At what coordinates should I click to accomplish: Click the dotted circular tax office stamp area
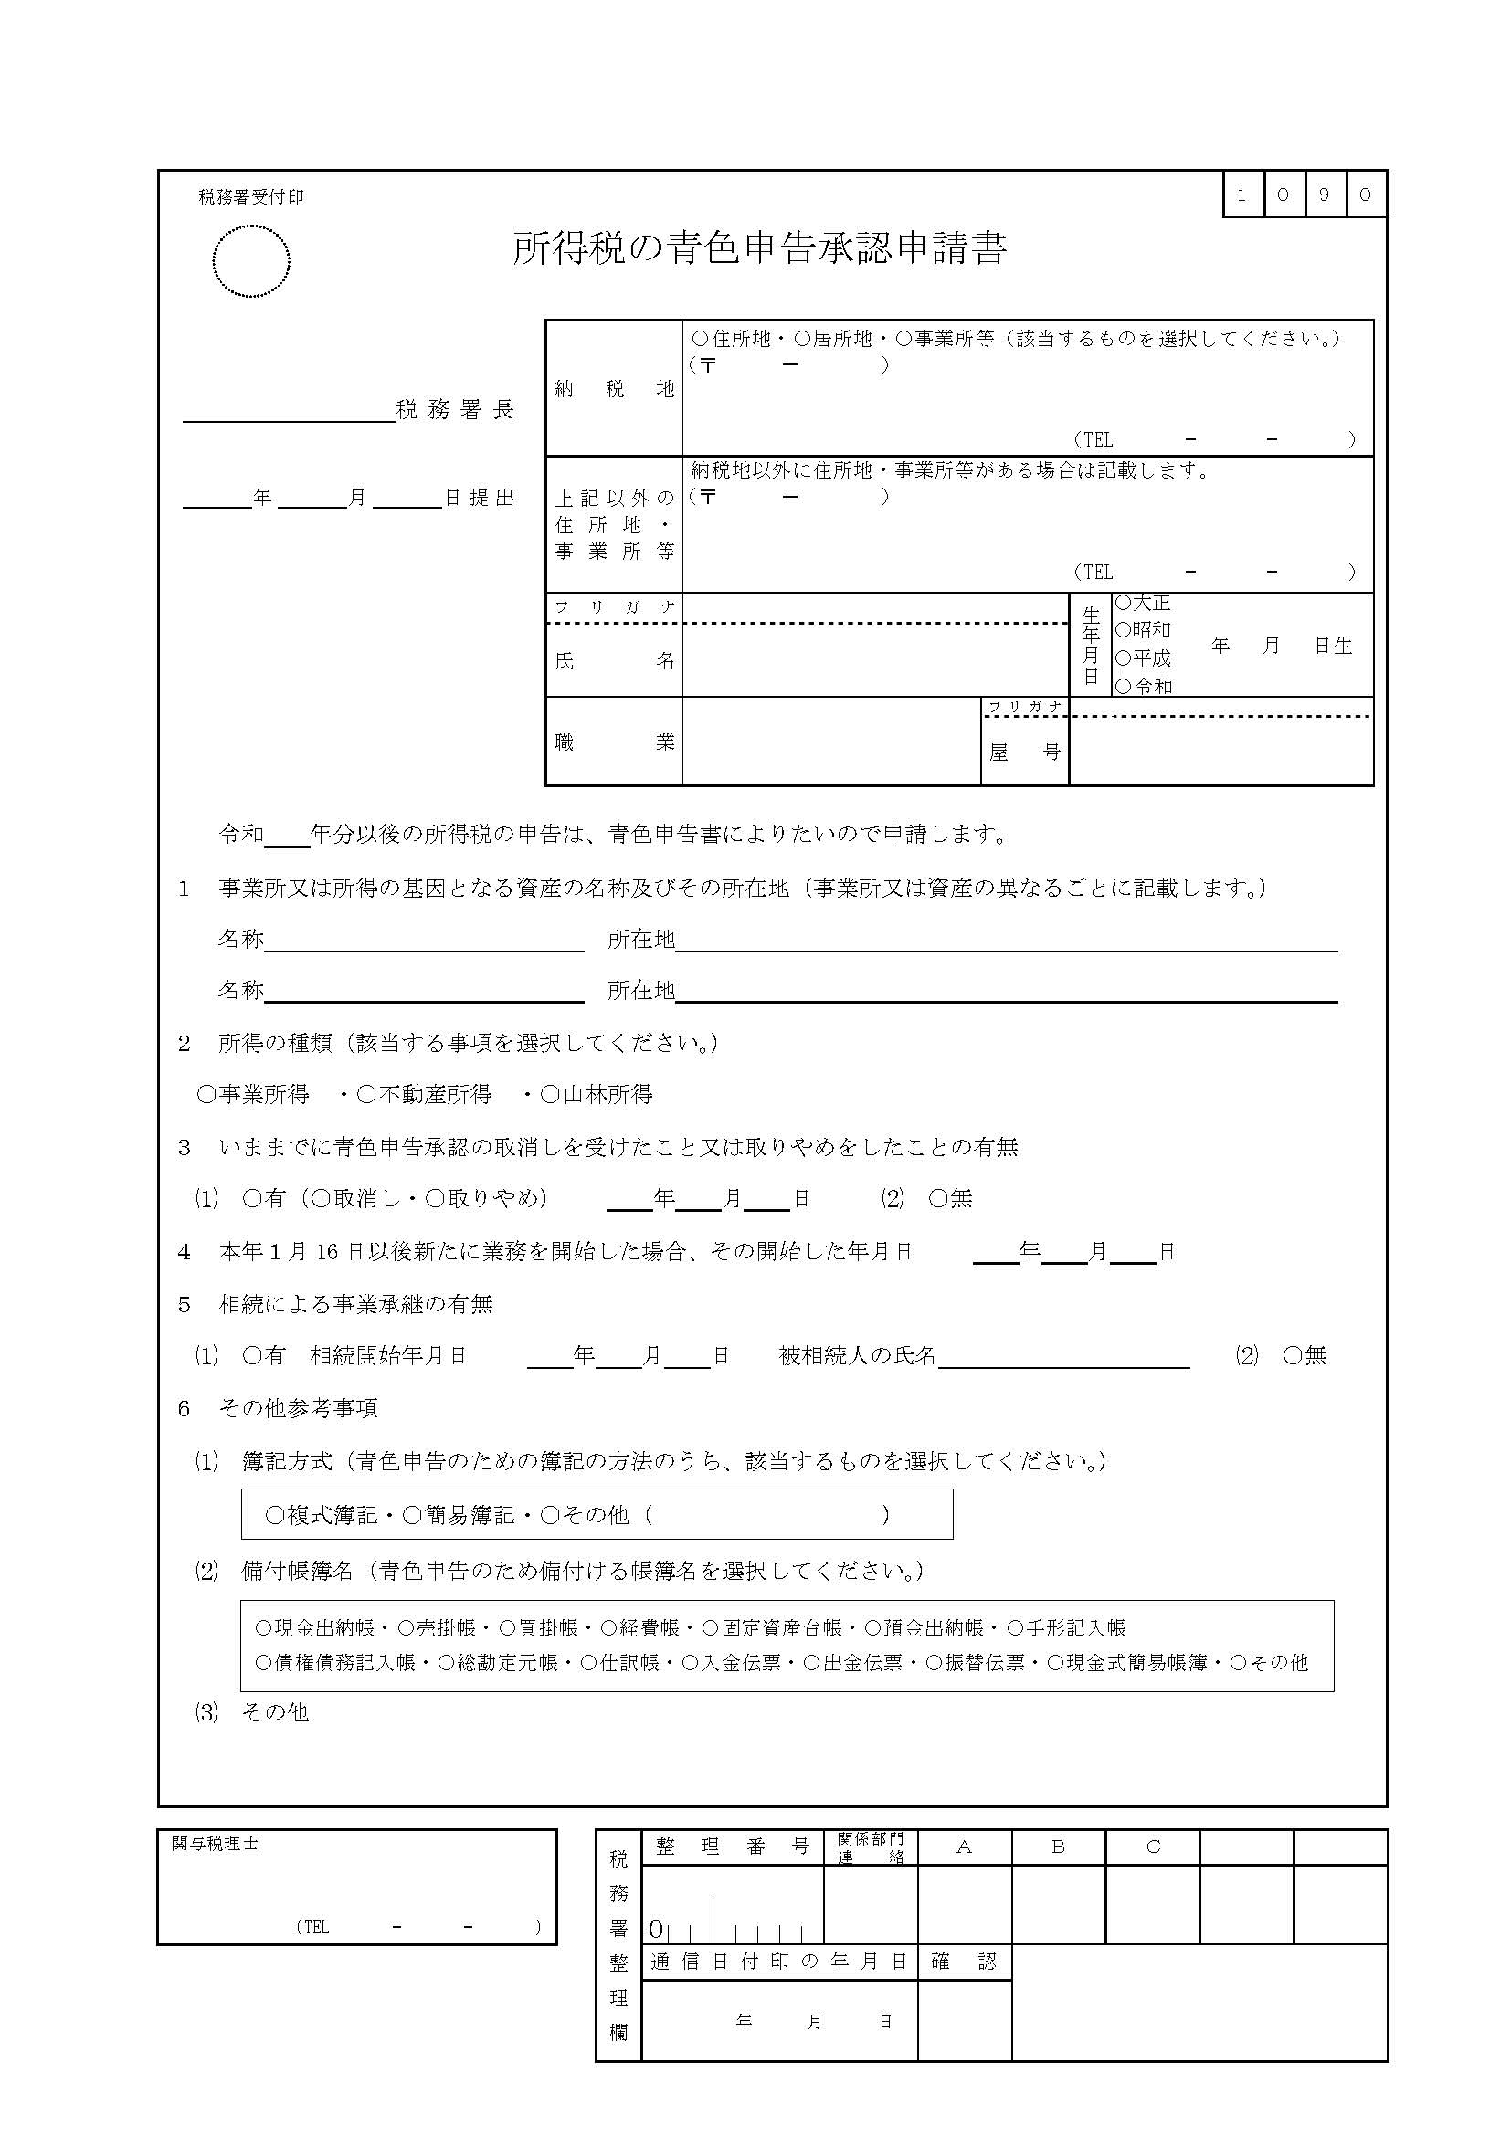(x=250, y=261)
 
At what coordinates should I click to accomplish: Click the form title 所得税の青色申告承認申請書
(x=759, y=248)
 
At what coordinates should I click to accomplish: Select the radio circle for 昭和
(x=1123, y=630)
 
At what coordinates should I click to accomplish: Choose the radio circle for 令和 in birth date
(x=1123, y=686)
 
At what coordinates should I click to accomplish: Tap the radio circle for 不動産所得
(x=365, y=1095)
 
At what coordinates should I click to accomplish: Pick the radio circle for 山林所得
(x=550, y=1095)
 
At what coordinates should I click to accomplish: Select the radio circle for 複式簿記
(x=274, y=1517)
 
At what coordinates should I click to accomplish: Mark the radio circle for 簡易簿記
(x=412, y=1517)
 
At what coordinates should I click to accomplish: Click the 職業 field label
(x=614, y=742)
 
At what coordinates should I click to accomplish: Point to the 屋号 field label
(x=1024, y=752)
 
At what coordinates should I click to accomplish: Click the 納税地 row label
(x=614, y=389)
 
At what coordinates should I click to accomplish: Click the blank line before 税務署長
(x=289, y=413)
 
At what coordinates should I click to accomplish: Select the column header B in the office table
(x=1058, y=1847)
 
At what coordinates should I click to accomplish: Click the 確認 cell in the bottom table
(x=964, y=1962)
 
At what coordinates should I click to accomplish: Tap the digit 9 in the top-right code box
(x=1325, y=195)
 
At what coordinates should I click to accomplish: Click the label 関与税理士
(x=215, y=1843)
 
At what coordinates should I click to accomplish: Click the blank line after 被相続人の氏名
(x=1063, y=1357)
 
